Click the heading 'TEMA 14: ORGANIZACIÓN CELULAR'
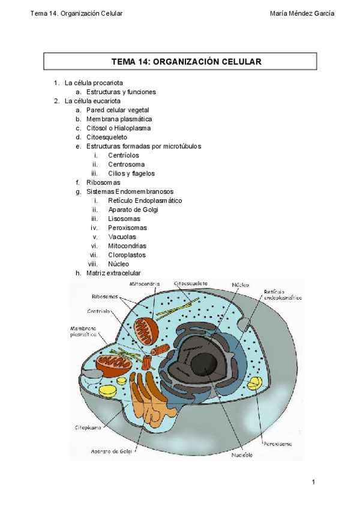pos(181,62)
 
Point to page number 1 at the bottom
pos(313,482)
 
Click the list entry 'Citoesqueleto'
pos(107,137)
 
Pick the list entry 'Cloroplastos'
pos(127,254)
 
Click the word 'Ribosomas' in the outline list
pos(103,182)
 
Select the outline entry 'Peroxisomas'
pos(128,227)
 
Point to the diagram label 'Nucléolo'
pos(242,454)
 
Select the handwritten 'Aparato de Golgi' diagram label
pos(112,451)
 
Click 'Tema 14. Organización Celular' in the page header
pos(76,14)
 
